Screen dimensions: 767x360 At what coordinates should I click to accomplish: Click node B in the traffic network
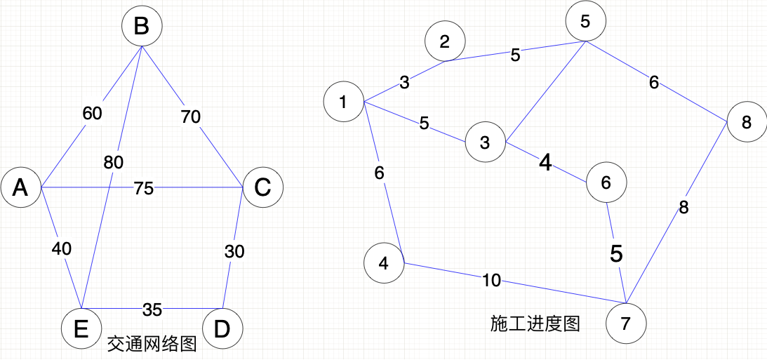coord(142,27)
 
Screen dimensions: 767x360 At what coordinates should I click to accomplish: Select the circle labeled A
coord(21,187)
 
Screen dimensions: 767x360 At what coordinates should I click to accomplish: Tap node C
coord(262,187)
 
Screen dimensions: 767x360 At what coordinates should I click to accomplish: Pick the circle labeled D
coord(222,328)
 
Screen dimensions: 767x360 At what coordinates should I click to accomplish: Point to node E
coord(81,328)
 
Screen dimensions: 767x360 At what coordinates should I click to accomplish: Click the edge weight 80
coord(113,163)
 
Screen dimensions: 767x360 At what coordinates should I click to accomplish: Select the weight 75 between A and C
coord(143,189)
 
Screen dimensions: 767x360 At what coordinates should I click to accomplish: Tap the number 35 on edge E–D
coord(153,309)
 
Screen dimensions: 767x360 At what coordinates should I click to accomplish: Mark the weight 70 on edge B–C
coord(190,117)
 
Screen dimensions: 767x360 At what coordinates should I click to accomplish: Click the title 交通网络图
coord(152,345)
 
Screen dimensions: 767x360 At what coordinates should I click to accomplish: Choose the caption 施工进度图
coord(535,324)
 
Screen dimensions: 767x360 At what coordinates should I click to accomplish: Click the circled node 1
coord(343,102)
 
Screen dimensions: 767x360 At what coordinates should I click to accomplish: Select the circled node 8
coord(747,122)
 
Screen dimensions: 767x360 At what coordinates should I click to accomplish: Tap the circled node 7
coord(625,324)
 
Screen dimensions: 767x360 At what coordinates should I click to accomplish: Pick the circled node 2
coord(444,41)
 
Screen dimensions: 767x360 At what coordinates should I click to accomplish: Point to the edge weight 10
coord(491,281)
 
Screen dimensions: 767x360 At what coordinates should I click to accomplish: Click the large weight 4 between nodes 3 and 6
coord(545,163)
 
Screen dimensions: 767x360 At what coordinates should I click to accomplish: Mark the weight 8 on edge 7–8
coord(684,207)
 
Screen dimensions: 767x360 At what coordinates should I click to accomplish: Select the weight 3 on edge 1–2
coord(405,83)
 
